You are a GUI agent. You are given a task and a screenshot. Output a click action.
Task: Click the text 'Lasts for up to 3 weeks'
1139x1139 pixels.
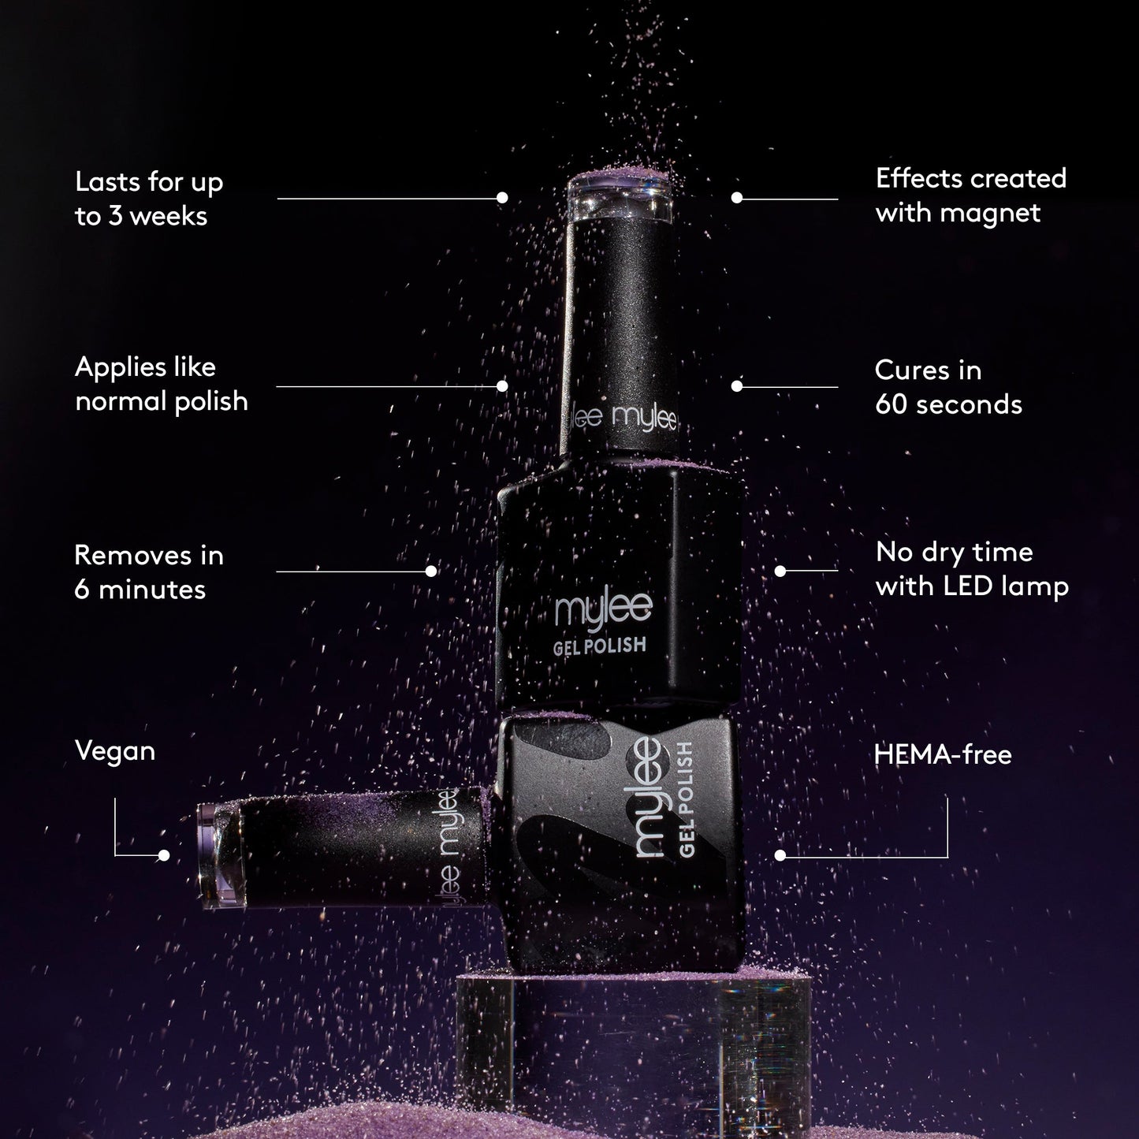click(x=149, y=199)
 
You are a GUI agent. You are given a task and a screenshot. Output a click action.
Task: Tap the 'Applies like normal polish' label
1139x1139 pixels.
click(x=161, y=384)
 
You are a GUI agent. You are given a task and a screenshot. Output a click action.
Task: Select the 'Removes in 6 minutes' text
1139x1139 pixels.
click(x=149, y=572)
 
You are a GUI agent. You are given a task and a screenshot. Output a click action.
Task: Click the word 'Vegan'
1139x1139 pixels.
click(x=115, y=751)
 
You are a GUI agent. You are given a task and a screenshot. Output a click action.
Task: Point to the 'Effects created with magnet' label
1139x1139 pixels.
click(x=970, y=195)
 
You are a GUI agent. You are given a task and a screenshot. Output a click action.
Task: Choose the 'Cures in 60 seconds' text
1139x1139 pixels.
click(x=948, y=387)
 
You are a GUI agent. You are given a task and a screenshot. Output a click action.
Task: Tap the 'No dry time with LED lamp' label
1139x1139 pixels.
click(x=972, y=569)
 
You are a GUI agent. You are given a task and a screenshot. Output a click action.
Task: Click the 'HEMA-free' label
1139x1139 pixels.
click(x=943, y=755)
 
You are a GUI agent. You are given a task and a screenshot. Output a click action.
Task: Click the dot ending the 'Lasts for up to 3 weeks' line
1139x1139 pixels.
click(x=503, y=198)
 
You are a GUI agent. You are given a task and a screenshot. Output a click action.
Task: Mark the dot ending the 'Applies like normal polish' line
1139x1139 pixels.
click(x=502, y=386)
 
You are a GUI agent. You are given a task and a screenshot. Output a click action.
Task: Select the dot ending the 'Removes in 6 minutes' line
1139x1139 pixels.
click(x=431, y=571)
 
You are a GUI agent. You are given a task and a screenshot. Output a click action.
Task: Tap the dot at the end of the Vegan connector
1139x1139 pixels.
click(x=164, y=855)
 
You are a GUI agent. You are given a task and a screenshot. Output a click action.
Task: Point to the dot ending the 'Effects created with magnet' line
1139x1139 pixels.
click(x=737, y=198)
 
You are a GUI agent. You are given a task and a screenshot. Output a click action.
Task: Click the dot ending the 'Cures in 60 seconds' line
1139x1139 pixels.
click(x=737, y=386)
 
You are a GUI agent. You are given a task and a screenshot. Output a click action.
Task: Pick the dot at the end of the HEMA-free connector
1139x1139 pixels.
click(x=780, y=855)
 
